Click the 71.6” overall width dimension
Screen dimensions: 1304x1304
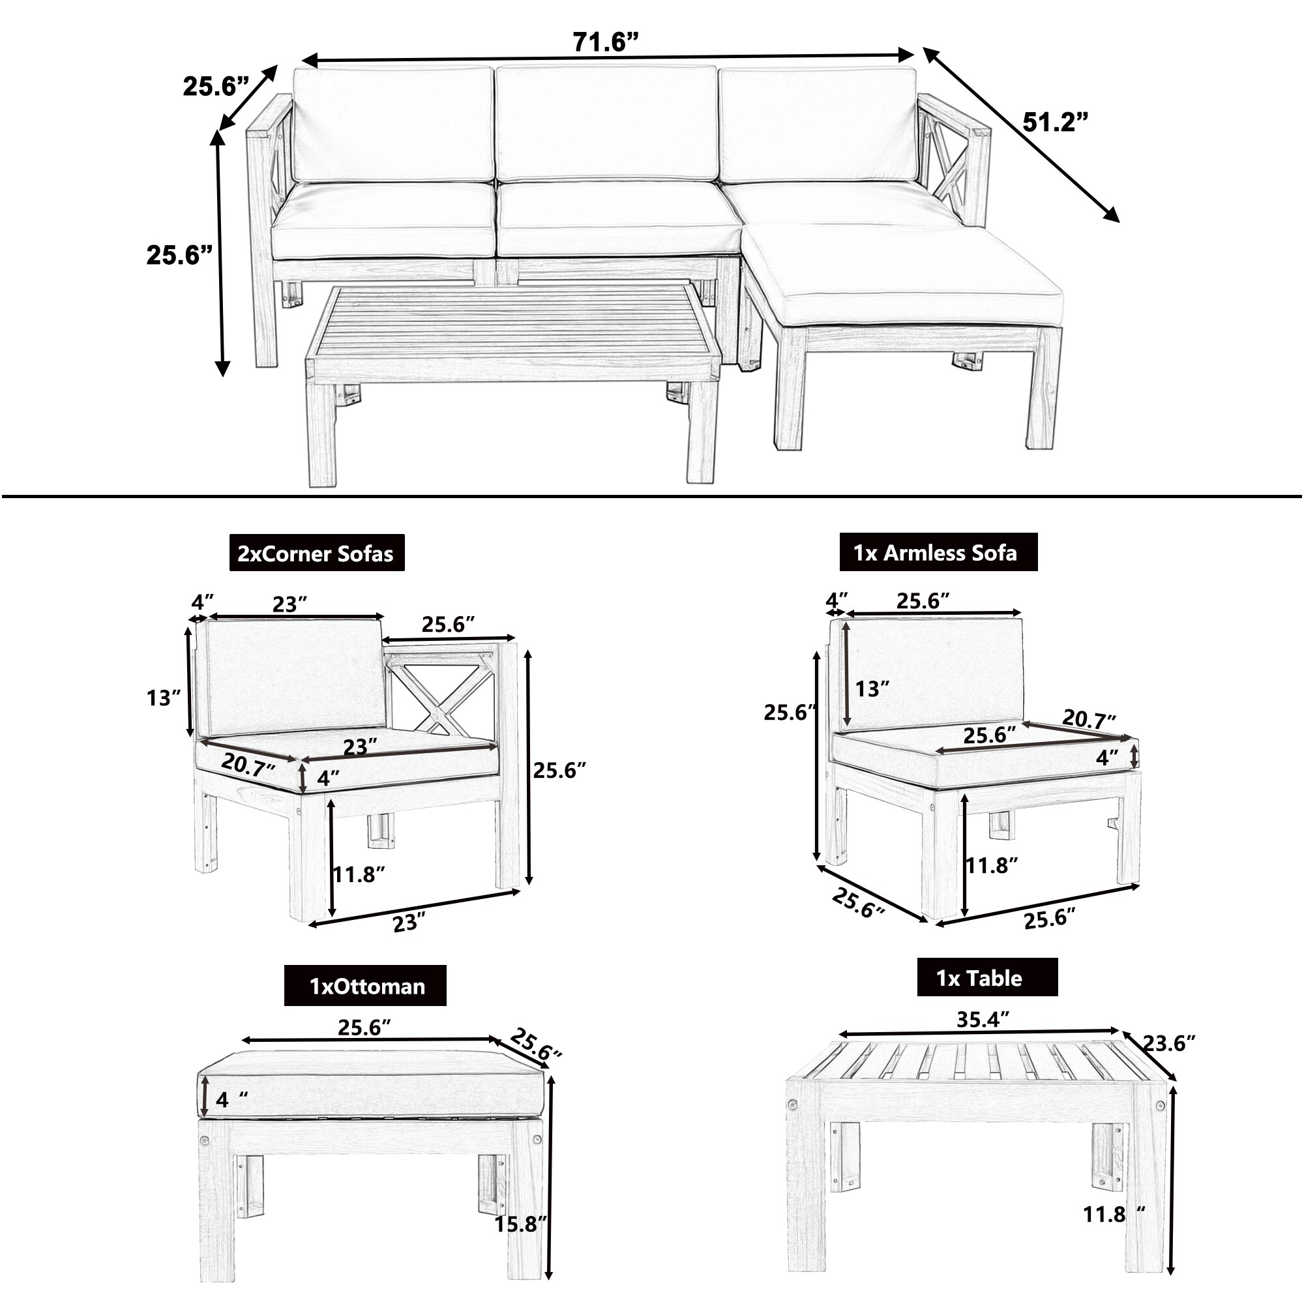click(x=605, y=42)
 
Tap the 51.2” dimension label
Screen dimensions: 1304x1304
click(x=1054, y=123)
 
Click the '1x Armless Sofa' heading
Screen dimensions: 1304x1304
click(x=936, y=553)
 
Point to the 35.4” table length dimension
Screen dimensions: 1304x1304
click(x=983, y=1019)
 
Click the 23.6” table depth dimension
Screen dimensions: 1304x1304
click(x=1168, y=1043)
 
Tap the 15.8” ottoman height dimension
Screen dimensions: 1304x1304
click(x=519, y=1224)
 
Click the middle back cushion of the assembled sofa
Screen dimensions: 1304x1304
click(x=606, y=123)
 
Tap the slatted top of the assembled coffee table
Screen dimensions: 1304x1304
click(x=513, y=320)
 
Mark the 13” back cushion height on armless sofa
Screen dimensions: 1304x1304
click(x=872, y=689)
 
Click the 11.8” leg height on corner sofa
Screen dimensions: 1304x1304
click(x=359, y=874)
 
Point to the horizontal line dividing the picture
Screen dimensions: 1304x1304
click(x=652, y=497)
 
